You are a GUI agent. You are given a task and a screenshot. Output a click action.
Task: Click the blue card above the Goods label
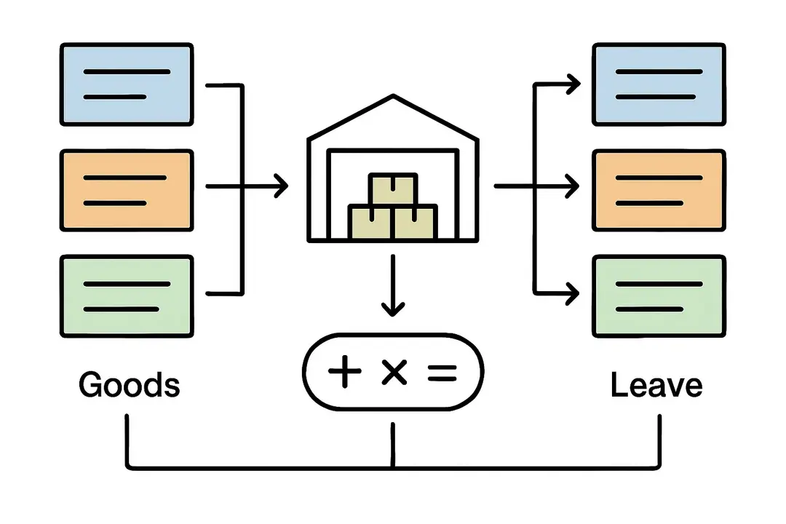pyautogui.click(x=127, y=84)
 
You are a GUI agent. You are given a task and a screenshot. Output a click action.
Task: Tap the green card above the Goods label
pyautogui.click(x=127, y=295)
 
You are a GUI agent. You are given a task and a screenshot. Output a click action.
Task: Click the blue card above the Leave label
pyautogui.click(x=659, y=84)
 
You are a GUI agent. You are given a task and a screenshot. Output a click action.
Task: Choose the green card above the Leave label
pyautogui.click(x=659, y=295)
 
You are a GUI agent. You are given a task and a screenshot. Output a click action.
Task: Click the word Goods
pyautogui.click(x=129, y=384)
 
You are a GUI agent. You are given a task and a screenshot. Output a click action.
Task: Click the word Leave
pyautogui.click(x=656, y=384)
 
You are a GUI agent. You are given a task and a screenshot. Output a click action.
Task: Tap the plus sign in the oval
pyautogui.click(x=345, y=373)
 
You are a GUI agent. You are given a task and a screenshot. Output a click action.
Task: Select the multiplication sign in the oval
pyautogui.click(x=393, y=373)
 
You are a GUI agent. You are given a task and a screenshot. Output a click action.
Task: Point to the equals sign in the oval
pyautogui.click(x=440, y=373)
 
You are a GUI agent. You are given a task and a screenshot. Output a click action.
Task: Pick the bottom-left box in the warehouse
pyautogui.click(x=371, y=221)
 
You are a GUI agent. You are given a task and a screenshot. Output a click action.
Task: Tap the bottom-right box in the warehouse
pyautogui.click(x=415, y=221)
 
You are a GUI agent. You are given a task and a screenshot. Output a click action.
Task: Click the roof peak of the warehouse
pyautogui.click(x=393, y=97)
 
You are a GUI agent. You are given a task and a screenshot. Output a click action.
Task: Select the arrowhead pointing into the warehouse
pyautogui.click(x=281, y=186)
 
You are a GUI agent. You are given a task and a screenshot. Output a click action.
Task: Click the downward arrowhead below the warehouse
pyautogui.click(x=393, y=309)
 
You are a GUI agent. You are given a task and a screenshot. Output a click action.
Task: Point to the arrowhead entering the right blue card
pyautogui.click(x=573, y=84)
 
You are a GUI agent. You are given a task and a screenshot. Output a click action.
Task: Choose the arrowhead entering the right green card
pyautogui.click(x=573, y=294)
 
